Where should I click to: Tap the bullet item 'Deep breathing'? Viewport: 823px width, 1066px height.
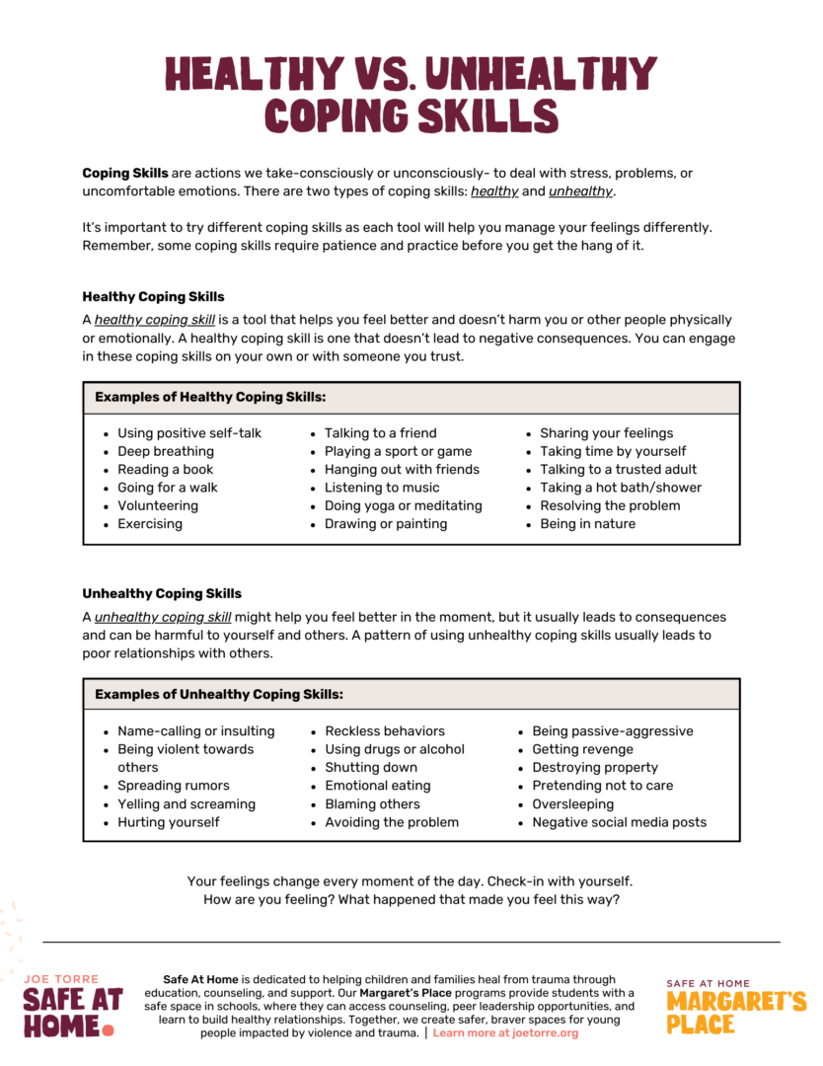[x=166, y=451]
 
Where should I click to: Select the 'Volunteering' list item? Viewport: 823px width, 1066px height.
[x=158, y=505]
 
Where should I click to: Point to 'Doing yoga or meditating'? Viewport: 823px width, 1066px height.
[x=404, y=505]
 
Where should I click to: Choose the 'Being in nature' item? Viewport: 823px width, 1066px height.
[x=587, y=524]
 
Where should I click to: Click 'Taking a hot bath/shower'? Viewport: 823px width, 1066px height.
[x=621, y=488]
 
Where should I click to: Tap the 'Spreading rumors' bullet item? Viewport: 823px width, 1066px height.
[x=174, y=786]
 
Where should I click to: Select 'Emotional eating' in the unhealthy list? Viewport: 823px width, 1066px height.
[x=378, y=786]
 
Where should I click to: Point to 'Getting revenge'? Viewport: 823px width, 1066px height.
[x=582, y=749]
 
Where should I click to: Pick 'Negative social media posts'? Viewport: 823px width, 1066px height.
[x=620, y=822]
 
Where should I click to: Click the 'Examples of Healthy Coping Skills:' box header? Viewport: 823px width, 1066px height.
[x=210, y=398]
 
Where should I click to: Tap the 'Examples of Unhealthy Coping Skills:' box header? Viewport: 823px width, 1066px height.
[x=219, y=695]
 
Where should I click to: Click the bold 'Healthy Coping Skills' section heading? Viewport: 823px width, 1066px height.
[x=153, y=296]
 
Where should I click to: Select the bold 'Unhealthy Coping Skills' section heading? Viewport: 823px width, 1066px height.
[x=162, y=593]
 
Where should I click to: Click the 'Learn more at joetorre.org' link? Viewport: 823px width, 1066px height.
[x=505, y=1033]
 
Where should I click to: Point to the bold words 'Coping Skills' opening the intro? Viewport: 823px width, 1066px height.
[x=124, y=173]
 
